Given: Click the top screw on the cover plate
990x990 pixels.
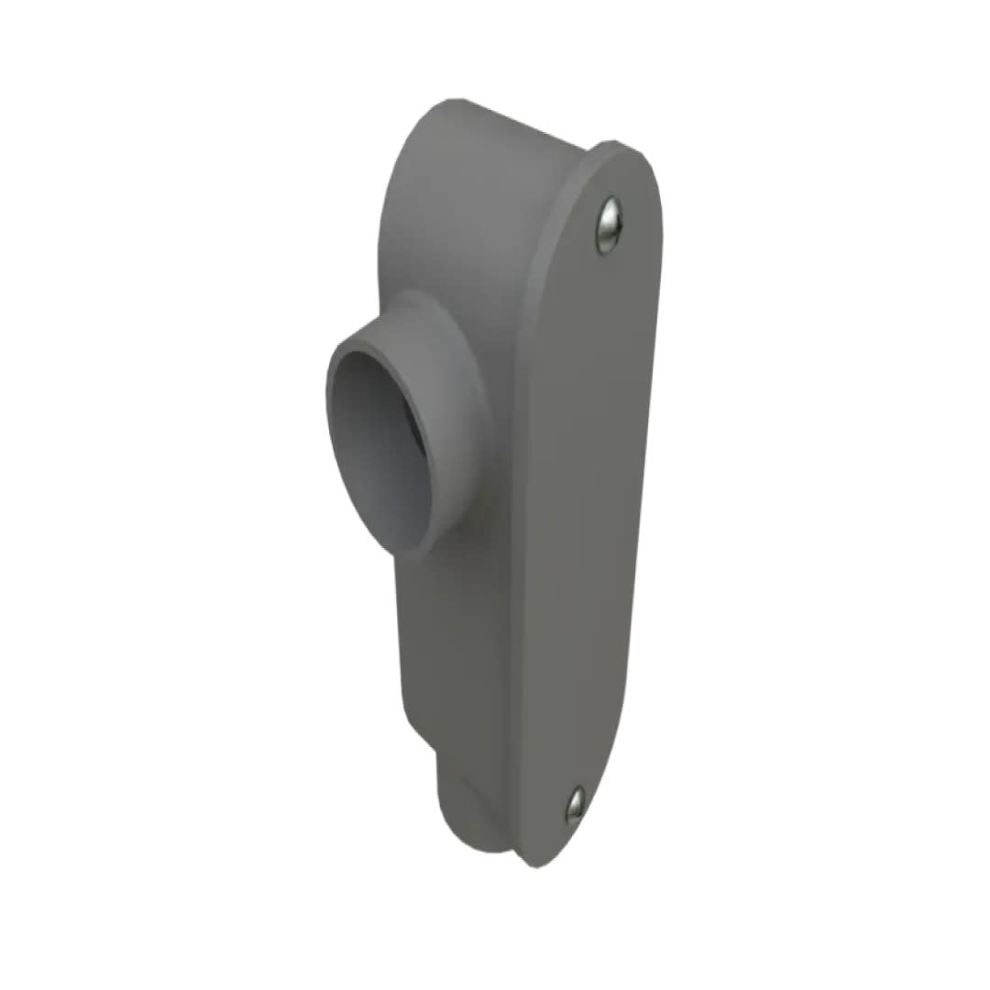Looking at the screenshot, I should click(609, 223).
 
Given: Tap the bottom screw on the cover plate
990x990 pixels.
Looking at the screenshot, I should click(575, 804).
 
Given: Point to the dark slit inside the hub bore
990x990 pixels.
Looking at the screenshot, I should click(417, 440).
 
